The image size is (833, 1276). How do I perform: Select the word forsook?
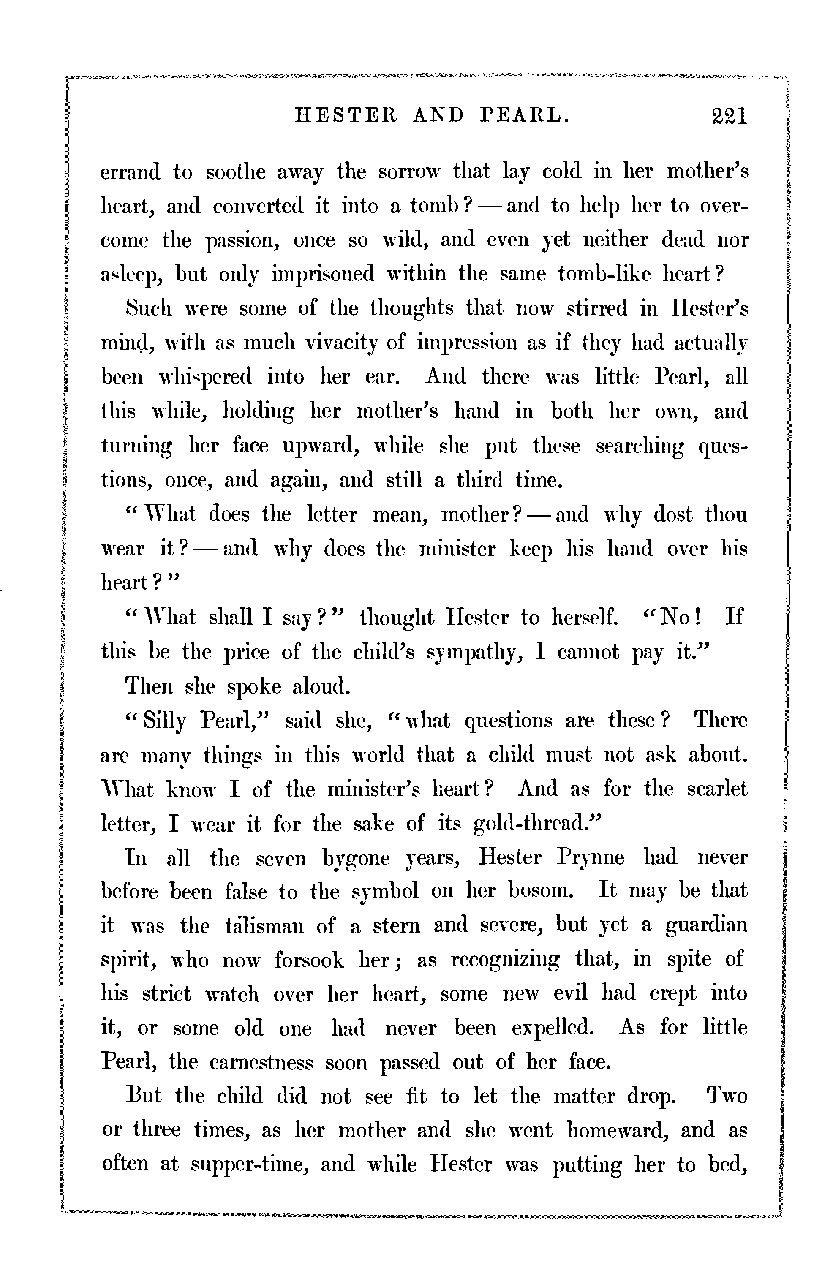[309, 960]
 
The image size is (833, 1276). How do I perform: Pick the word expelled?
[552, 1029]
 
